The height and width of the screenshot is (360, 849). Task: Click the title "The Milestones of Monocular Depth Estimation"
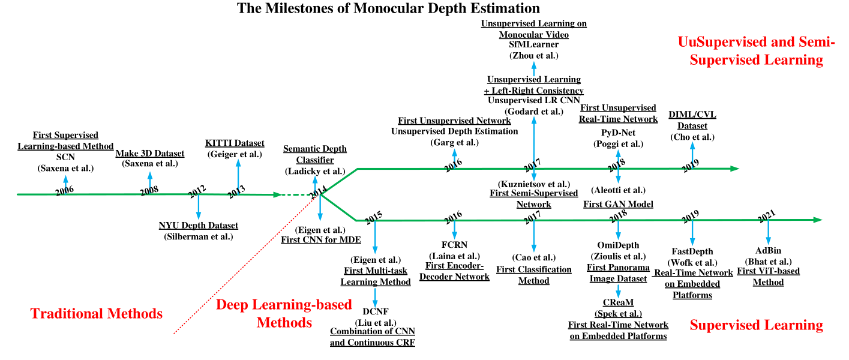[x=388, y=8]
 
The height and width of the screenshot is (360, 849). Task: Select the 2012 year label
[x=197, y=191]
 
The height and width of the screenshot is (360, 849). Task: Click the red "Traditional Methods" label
[x=97, y=313]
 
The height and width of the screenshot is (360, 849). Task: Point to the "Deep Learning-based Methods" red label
[x=284, y=313]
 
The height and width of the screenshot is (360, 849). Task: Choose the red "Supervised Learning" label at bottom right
[x=756, y=325]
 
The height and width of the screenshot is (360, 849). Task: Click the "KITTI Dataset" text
[x=235, y=143]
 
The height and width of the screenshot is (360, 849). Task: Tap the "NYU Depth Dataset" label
[x=198, y=226]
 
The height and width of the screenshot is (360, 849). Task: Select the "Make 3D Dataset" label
[x=149, y=154]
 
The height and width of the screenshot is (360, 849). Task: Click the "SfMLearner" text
[x=533, y=45]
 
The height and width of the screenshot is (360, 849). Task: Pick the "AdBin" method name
[x=769, y=251]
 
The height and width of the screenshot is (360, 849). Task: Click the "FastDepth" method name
[x=692, y=252]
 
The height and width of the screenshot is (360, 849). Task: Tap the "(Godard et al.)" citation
[x=533, y=111]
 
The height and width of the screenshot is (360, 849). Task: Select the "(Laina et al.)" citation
[x=454, y=256]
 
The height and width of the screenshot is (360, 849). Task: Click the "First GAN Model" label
[x=618, y=205]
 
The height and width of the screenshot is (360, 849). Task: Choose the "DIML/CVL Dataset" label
[x=692, y=120]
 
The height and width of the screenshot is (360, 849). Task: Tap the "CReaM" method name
[x=618, y=303]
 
